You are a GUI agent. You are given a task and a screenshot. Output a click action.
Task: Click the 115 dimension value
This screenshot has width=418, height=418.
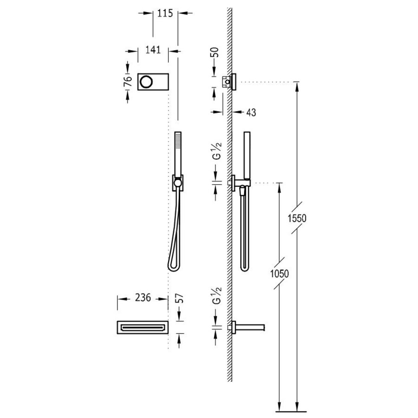pos(165,13)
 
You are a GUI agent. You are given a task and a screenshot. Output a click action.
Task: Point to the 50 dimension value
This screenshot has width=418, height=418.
pos(215,52)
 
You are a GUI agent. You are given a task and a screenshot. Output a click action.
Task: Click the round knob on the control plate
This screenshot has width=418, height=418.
pos(145,81)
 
